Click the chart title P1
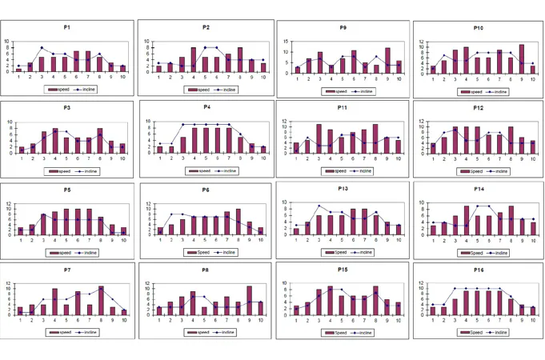[x=67, y=27]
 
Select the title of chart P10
[x=478, y=27]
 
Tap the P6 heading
[x=206, y=190]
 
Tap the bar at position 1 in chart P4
[x=159, y=149]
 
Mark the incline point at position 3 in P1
[x=42, y=48]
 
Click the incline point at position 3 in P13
[x=319, y=206]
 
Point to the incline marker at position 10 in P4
[x=263, y=148]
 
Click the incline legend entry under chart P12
[x=498, y=171]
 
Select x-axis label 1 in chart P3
[x=21, y=158]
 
